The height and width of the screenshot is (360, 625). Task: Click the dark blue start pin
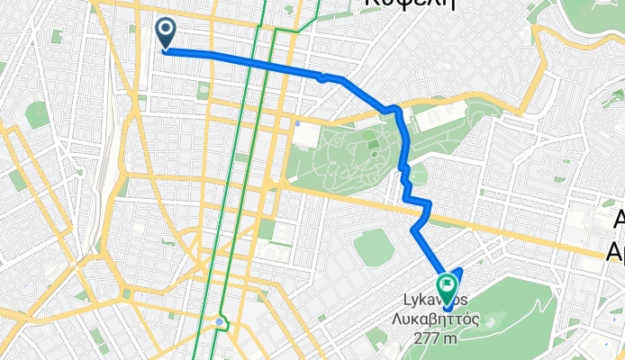(x=167, y=34)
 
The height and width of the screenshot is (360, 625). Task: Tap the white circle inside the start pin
(x=167, y=30)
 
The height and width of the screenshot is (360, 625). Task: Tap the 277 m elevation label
(x=437, y=337)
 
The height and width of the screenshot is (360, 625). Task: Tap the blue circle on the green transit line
(x=220, y=320)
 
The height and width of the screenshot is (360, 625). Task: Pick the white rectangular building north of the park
(x=439, y=115)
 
